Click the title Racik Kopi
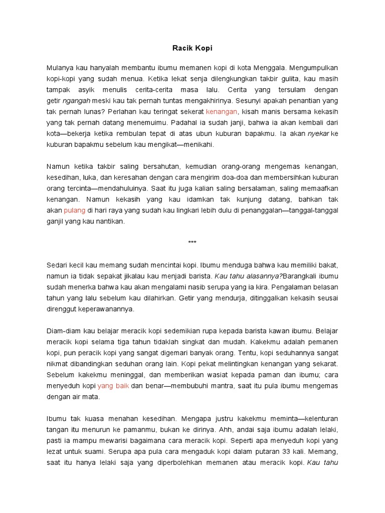click(192, 49)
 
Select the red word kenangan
click(221, 111)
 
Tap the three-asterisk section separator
click(192, 243)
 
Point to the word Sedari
click(57, 265)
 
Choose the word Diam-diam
click(63, 330)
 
